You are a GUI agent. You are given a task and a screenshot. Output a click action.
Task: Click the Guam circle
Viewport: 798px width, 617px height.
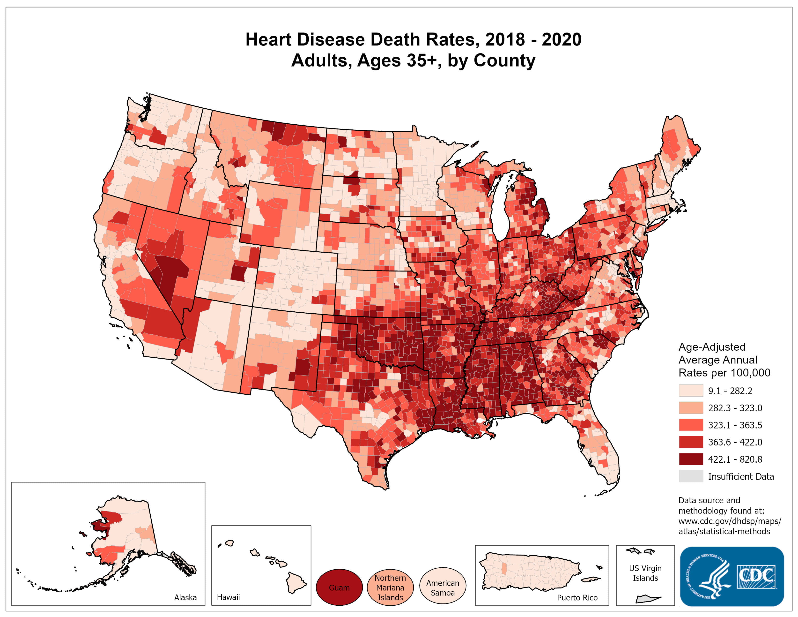[339, 587]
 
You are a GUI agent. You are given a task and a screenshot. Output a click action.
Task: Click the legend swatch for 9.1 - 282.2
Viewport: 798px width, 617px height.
[691, 390]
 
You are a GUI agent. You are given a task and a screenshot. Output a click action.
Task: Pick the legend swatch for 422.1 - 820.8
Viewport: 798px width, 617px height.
[691, 459]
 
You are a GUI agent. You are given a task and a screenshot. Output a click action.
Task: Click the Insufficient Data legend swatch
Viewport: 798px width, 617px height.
[691, 476]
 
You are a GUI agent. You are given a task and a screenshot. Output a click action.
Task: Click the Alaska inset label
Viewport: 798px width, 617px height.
[185, 597]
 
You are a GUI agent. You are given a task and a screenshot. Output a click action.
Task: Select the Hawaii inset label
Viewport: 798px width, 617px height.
[228, 597]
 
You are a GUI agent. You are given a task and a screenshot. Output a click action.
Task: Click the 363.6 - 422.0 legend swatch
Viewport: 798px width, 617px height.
[691, 442]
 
